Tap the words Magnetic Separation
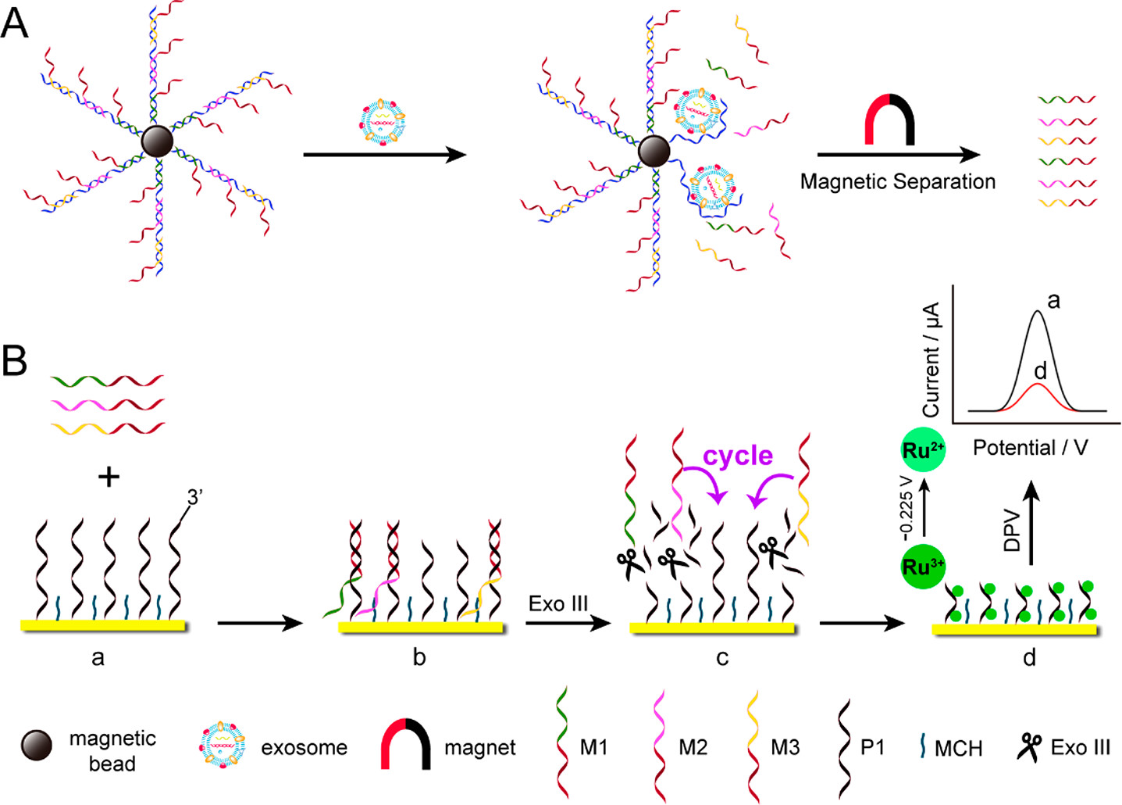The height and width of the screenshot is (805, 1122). click(x=898, y=182)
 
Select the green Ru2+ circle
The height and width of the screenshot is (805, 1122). click(x=924, y=451)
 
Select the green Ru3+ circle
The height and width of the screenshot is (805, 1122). click(x=924, y=566)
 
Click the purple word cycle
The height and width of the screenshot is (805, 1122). click(x=738, y=455)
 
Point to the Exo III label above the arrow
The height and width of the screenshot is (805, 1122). click(x=558, y=603)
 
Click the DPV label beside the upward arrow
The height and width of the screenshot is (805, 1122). click(x=1013, y=531)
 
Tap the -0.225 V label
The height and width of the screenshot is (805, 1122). click(x=906, y=508)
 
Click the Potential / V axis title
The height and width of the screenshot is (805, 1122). click(x=1030, y=448)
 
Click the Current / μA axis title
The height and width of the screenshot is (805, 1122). click(x=931, y=360)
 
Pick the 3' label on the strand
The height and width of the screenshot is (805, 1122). click(x=195, y=496)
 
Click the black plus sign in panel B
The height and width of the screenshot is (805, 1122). click(x=109, y=476)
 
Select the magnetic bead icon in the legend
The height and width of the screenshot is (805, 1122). click(x=37, y=746)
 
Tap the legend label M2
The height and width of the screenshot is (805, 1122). click(x=693, y=748)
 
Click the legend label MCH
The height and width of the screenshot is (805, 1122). click(x=958, y=749)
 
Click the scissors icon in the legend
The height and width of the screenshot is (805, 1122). click(x=1030, y=747)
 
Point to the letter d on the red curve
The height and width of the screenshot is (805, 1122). click(x=1039, y=370)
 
